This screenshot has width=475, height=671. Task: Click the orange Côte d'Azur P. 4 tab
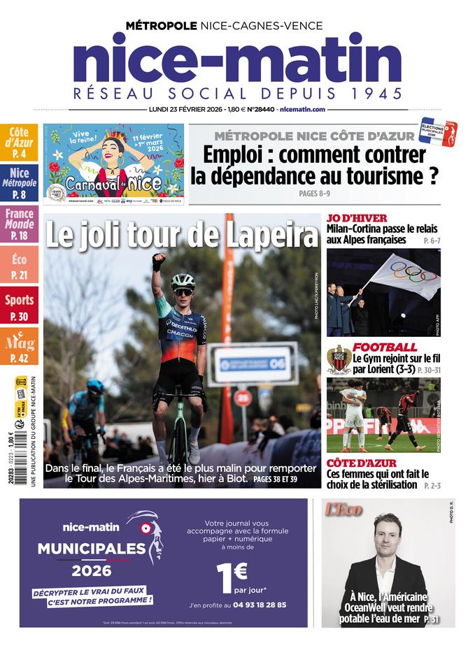pos(19,142)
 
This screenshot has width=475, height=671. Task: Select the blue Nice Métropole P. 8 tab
pos(19,182)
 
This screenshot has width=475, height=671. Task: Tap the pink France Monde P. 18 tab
pos(19,223)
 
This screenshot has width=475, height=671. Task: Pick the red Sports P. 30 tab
pos(19,305)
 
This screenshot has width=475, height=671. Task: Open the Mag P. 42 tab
pos(19,347)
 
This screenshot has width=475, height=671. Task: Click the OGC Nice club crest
pos(339,358)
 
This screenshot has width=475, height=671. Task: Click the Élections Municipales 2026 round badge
pos(437,131)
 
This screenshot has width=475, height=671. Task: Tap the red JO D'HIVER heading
pos(356,218)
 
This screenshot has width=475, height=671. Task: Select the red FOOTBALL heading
pos(384,347)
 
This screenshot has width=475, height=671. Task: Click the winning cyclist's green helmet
pos(183,280)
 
